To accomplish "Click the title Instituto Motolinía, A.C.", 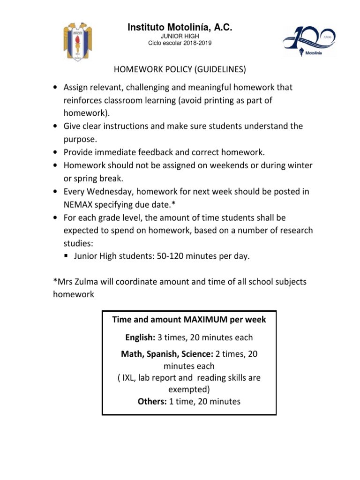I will [x=180, y=29].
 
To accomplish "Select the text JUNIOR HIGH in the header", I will [x=180, y=37].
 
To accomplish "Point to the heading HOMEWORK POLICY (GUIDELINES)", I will [x=180, y=69].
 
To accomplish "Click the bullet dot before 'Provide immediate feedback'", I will [x=56, y=152].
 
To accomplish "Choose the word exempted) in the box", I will [x=189, y=389].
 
